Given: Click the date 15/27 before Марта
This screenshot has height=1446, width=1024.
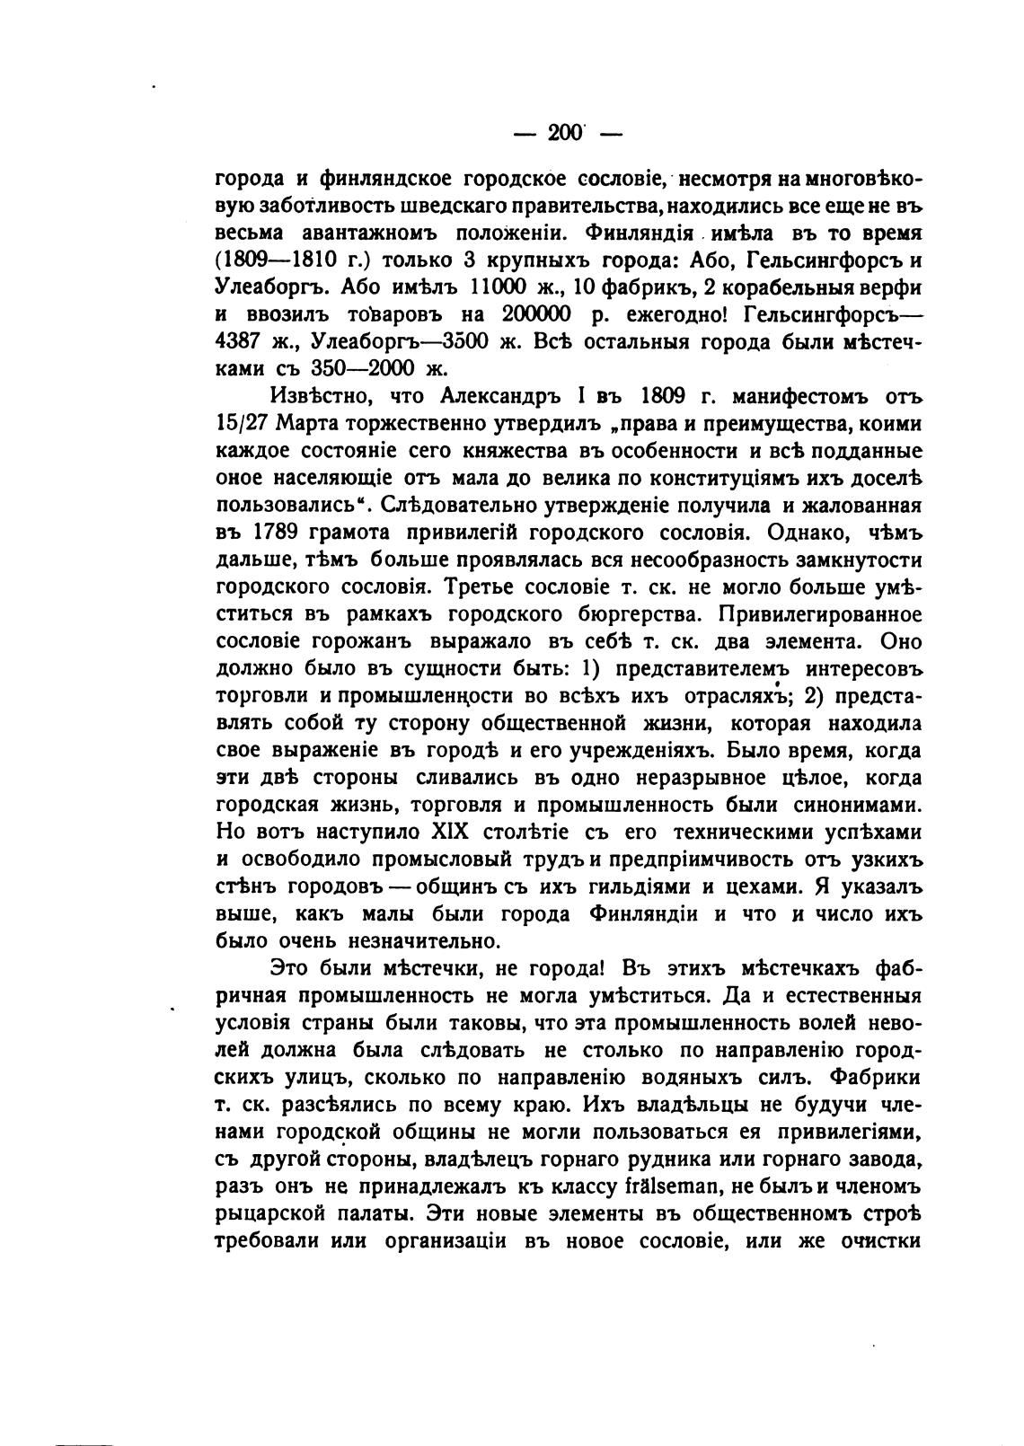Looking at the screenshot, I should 245,423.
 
